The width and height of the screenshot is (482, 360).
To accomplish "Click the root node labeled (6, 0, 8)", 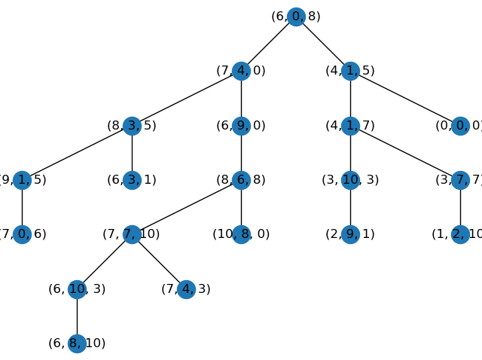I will (x=296, y=17).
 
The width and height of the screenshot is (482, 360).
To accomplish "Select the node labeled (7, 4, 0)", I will (x=241, y=71).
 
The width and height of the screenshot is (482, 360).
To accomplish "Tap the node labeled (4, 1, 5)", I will (x=350, y=71).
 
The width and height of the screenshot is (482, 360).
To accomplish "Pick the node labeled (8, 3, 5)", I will (x=132, y=126).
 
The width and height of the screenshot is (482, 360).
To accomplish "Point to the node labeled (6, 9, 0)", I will (x=241, y=126).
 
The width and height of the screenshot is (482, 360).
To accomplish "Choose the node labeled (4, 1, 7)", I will (x=350, y=126).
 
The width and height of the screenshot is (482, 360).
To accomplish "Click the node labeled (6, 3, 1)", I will (x=132, y=180).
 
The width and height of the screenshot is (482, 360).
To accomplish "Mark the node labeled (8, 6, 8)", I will (x=241, y=180).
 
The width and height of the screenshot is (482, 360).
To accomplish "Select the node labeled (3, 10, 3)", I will (x=350, y=180).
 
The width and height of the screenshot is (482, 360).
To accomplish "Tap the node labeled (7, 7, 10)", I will (x=132, y=234).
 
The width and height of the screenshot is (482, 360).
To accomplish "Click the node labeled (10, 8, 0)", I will (x=241, y=234).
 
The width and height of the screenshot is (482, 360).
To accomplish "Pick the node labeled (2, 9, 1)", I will (x=350, y=234).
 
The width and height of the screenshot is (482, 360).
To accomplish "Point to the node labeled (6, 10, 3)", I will (x=77, y=289).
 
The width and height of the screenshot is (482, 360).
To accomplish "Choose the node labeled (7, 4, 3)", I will (x=186, y=289).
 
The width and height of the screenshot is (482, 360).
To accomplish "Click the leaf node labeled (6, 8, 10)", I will (x=77, y=343).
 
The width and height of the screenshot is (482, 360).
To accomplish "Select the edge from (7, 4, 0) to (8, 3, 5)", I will (x=186, y=99).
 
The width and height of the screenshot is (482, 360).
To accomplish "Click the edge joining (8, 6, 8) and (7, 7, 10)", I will (x=186, y=207).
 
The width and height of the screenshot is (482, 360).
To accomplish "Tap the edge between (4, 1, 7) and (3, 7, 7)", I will (x=405, y=153).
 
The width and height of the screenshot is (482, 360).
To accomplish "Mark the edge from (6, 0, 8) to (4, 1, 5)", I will (x=323, y=44).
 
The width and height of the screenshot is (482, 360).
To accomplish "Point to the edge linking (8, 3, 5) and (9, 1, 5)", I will (x=77, y=153).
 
